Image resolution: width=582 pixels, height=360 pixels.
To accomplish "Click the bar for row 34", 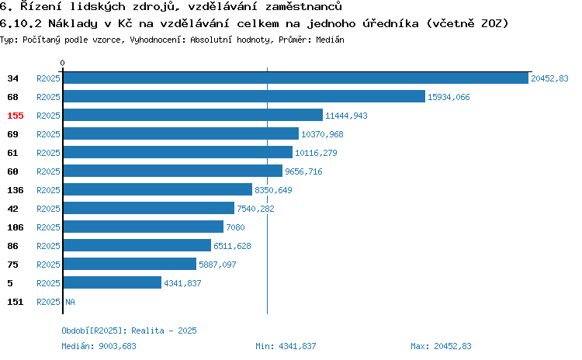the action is pos(296,78).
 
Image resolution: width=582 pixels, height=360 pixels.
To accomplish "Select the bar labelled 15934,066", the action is pos(244,96).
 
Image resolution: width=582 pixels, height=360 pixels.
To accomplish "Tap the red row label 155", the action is pos(16,116).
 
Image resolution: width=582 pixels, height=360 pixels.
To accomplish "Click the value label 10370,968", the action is pos(322,134).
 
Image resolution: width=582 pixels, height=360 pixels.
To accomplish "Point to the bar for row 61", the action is pos(178,152).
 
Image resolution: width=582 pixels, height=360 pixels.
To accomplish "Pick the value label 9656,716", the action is pos(303,171).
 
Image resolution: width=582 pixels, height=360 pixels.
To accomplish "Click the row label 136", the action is pos(16,190).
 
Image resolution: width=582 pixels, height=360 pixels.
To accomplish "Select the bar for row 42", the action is pos(149,208).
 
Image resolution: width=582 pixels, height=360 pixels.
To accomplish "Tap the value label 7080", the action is pos(235,227).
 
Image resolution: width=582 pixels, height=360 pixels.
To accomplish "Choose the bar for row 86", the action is pos(137,245).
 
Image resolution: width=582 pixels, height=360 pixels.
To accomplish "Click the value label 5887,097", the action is pos(217,265).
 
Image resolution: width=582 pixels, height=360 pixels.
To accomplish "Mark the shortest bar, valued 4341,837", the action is pos(113,282).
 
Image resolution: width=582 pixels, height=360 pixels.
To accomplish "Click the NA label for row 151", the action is pos(70,302).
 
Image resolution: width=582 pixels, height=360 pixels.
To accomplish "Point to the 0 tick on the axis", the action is pos(62,63).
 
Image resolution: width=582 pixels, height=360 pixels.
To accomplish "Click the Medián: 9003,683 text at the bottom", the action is pos(99,346).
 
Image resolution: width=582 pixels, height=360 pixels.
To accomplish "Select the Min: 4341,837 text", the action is pos(286,346).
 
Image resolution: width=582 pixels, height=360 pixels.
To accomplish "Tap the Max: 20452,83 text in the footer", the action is pos(441,346).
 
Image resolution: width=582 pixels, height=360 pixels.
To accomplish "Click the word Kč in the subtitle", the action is pos(125,23).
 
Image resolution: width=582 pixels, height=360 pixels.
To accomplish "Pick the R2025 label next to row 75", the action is pos(48,265).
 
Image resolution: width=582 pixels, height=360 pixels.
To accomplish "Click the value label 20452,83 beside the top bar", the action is pos(549,78).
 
